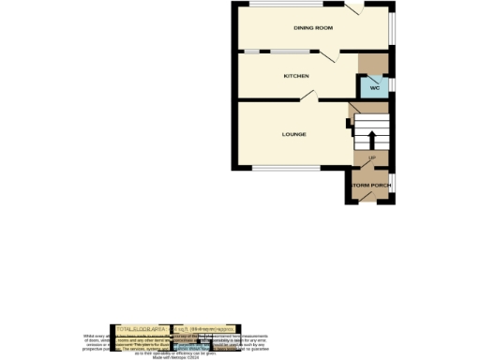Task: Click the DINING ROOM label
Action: click(313, 28)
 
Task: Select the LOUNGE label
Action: click(294, 134)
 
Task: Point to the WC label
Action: click(374, 87)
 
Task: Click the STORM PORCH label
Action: click(370, 186)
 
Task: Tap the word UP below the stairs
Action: click(372, 157)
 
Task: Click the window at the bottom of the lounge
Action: click(286, 169)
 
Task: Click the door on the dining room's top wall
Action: click(354, 8)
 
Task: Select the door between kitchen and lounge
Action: click(308, 97)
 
